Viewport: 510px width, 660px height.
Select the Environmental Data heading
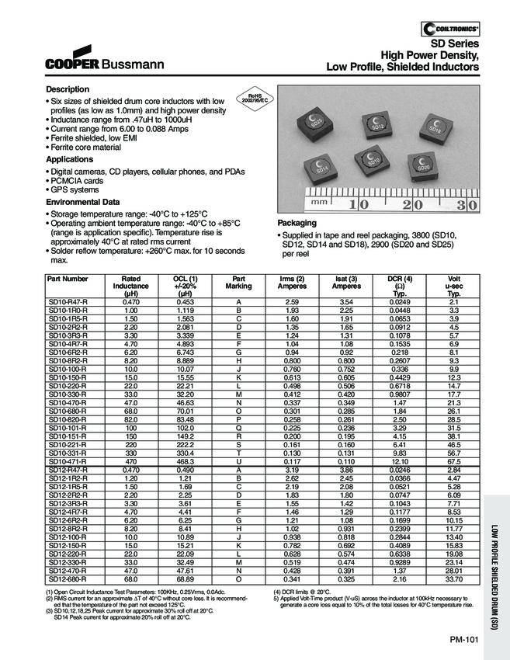[83, 202]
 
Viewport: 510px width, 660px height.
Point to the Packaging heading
[297, 222]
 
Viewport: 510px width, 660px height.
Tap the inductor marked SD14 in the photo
[322, 166]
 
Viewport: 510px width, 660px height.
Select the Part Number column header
[68, 278]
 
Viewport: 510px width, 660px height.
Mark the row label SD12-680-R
[68, 578]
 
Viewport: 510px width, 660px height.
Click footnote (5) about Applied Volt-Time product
[365, 601]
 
